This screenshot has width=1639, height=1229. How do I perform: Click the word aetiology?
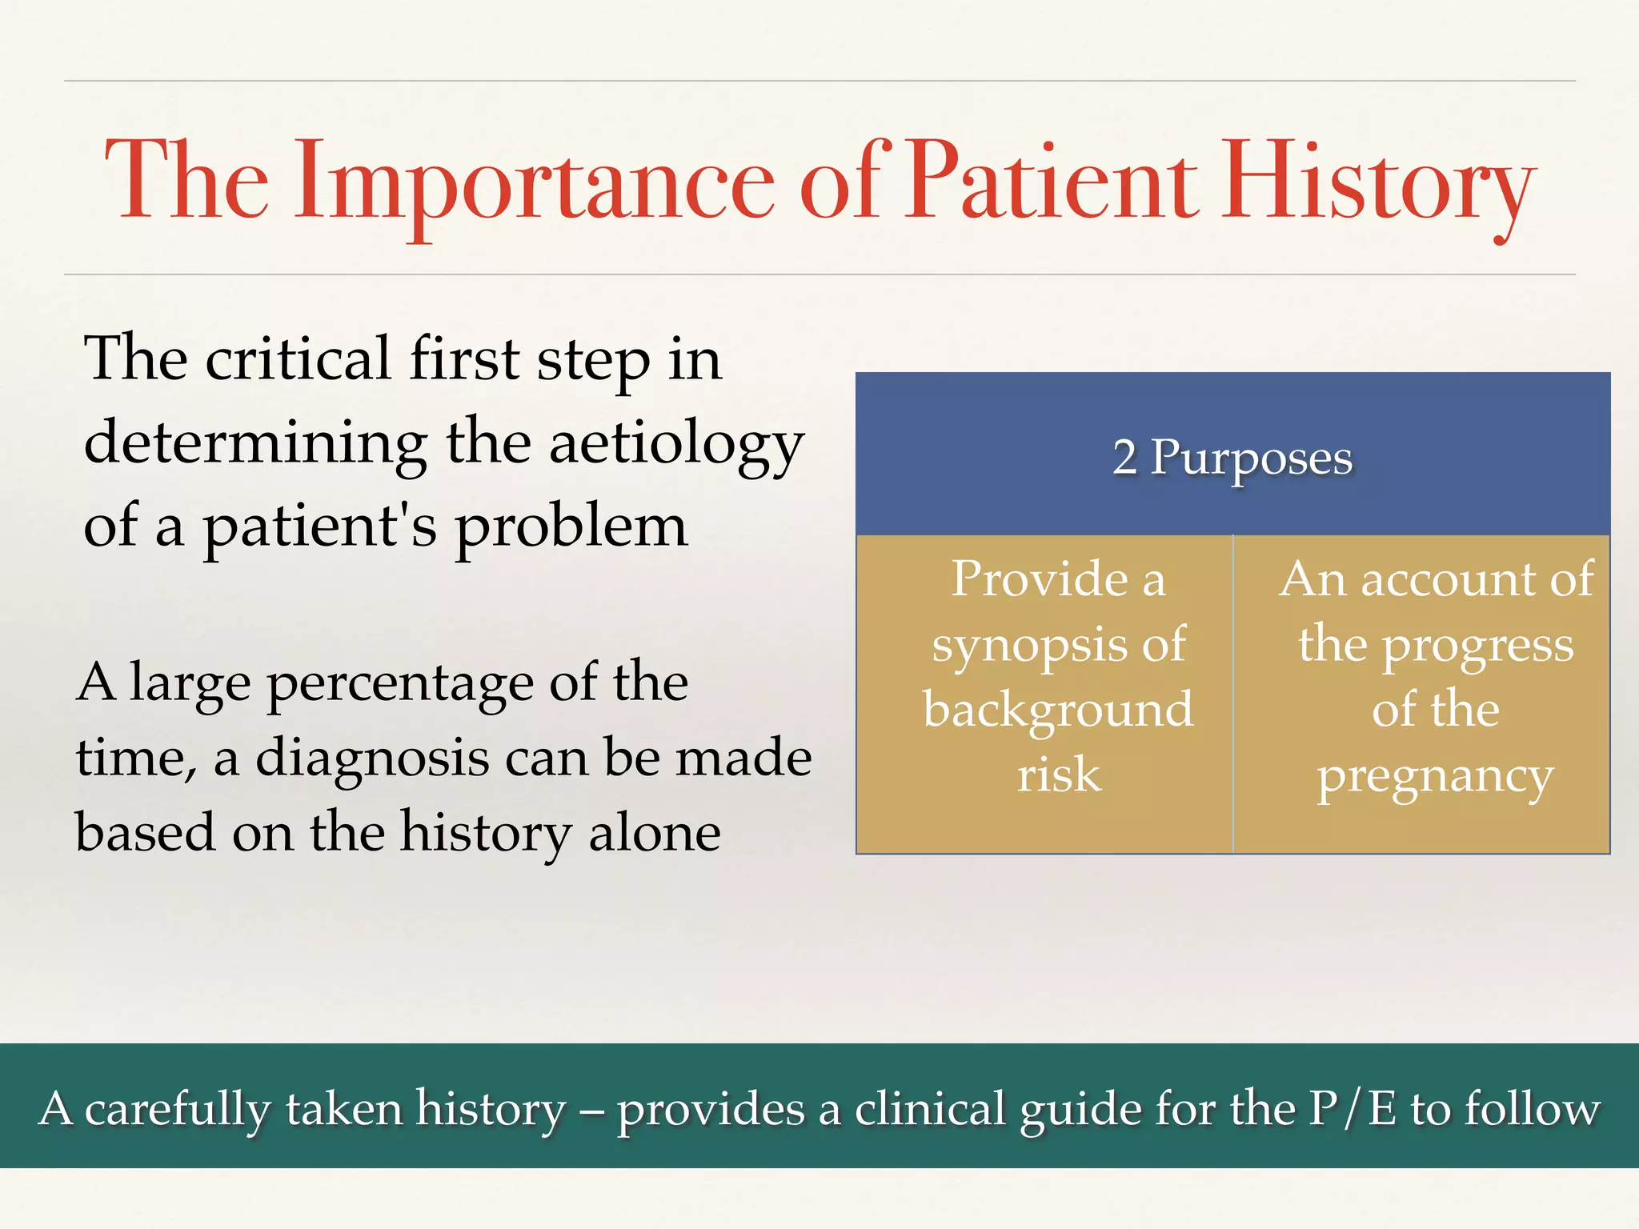(676, 444)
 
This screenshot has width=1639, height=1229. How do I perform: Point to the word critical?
(298, 359)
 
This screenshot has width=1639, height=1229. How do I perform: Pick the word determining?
(255, 444)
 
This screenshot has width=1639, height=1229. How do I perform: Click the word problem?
(571, 528)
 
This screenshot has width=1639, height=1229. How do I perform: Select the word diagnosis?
(372, 758)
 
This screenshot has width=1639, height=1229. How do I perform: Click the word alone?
(654, 833)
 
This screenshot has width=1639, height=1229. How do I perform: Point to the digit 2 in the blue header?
(1124, 458)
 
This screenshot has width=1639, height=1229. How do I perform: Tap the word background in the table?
(1058, 710)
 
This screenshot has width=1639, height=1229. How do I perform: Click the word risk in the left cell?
(1059, 775)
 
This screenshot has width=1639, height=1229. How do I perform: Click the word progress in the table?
(1477, 647)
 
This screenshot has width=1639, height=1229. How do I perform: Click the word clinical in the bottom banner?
(929, 1109)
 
